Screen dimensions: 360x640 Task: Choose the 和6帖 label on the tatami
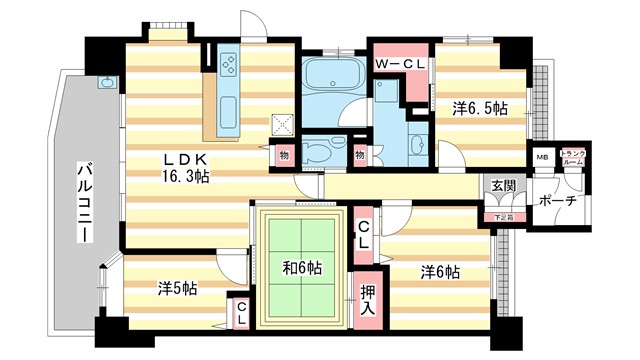click(300, 267)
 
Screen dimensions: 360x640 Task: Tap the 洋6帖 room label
click(439, 271)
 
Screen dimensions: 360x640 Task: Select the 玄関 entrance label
click(504, 187)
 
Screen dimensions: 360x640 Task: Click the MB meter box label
click(542, 157)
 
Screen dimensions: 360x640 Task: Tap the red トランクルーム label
click(573, 157)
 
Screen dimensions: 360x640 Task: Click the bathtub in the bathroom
click(332, 75)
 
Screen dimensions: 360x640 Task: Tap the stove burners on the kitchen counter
click(228, 66)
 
